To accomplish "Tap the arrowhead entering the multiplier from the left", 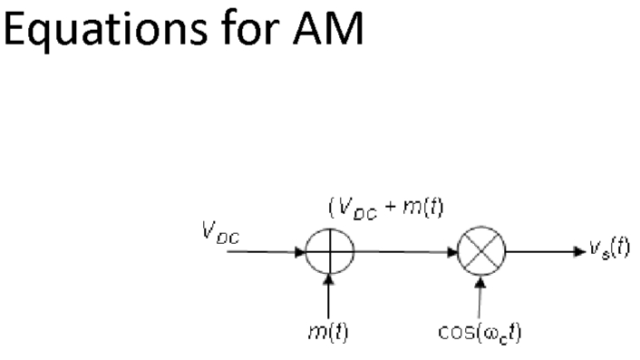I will click(x=454, y=251).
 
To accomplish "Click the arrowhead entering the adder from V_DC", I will click(x=302, y=251).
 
